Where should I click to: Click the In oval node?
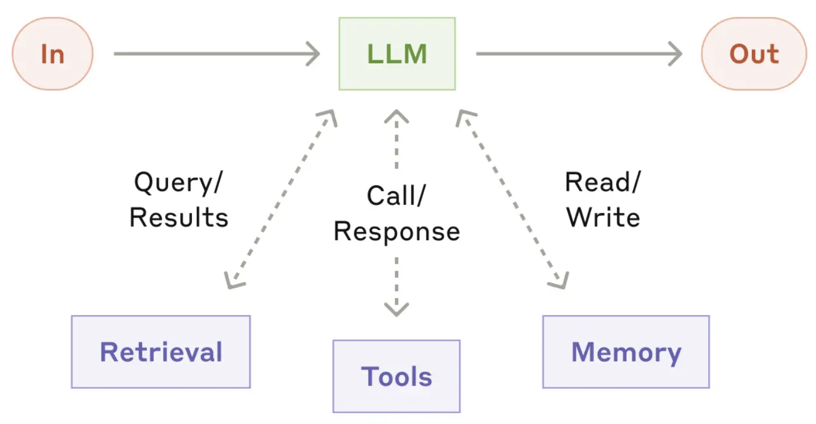click(52, 53)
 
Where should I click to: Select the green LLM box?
click(397, 53)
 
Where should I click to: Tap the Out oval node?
click(754, 53)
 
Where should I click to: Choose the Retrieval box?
click(161, 351)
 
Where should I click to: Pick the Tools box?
click(396, 376)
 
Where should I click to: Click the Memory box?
click(626, 351)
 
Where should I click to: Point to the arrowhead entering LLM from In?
click(313, 53)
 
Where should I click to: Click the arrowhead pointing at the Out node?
click(675, 53)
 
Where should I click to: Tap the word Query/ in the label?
click(178, 183)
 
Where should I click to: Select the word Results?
click(179, 217)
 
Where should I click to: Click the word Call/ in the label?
click(396, 196)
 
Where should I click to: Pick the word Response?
click(397, 232)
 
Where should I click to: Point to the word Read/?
click(602, 182)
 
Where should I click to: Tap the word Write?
click(603, 217)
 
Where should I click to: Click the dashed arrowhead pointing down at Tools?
click(396, 309)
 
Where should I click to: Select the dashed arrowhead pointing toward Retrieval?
click(233, 281)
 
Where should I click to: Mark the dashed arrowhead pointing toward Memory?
click(559, 281)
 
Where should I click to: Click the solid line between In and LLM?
click(217, 53)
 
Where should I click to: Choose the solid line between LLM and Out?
click(579, 53)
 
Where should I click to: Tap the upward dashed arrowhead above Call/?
click(396, 116)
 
